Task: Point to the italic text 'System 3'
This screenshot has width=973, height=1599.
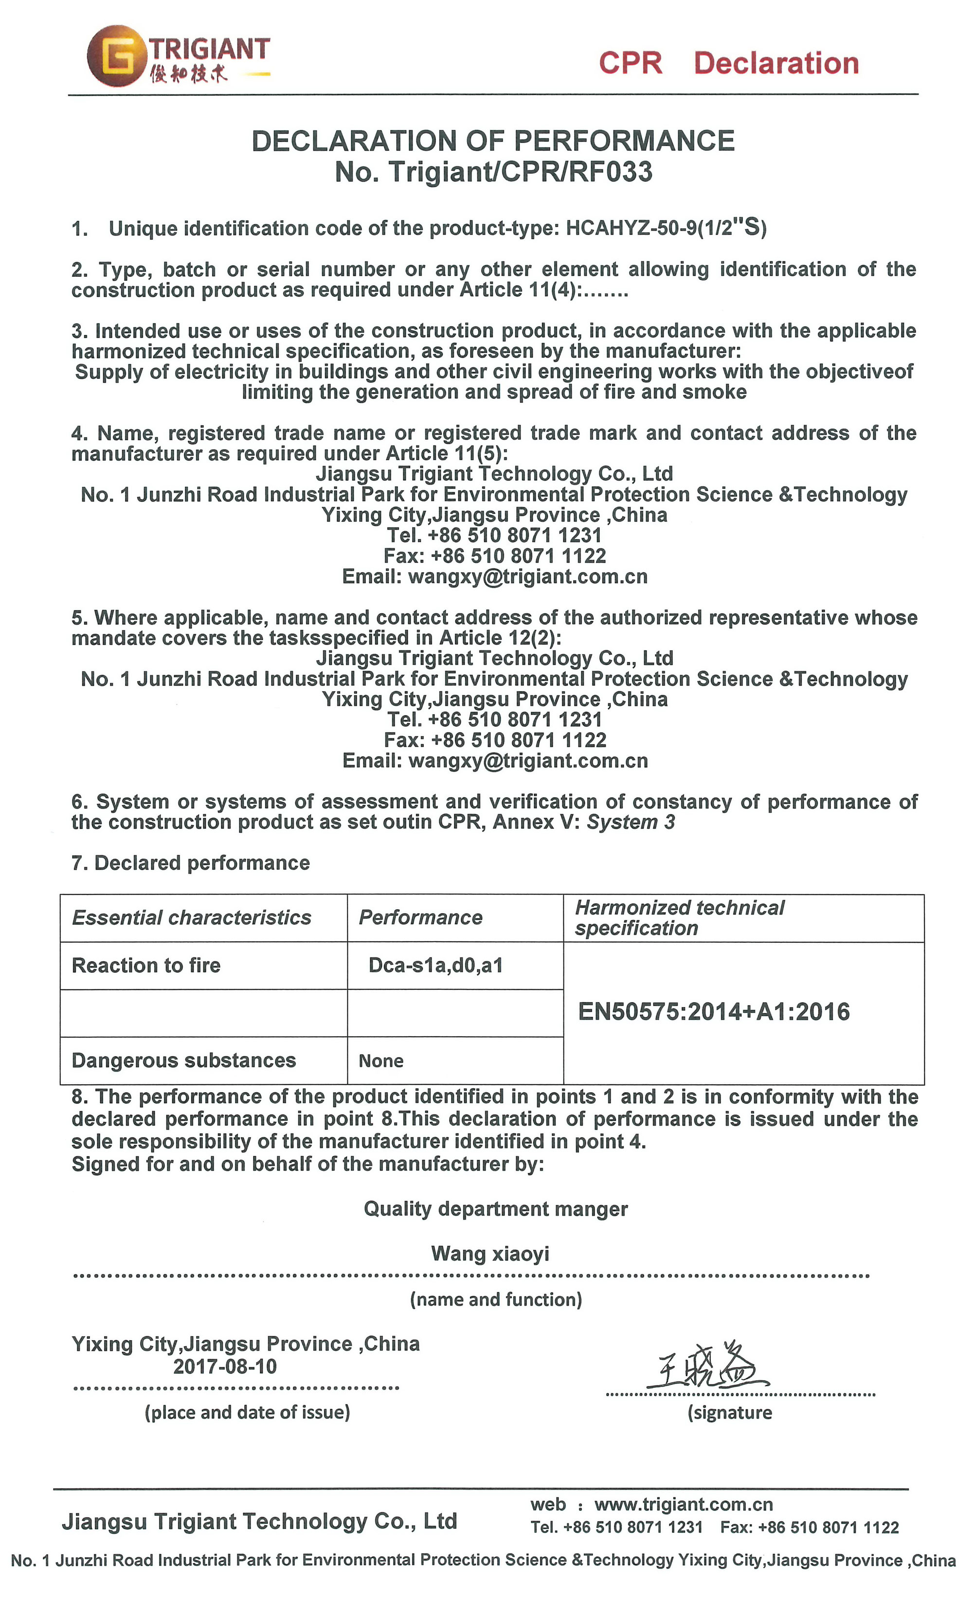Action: [631, 822]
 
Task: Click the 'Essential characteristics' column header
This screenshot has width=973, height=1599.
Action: [192, 917]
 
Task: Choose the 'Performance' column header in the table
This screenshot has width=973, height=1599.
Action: [421, 917]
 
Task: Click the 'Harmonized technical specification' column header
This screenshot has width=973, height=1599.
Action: [679, 917]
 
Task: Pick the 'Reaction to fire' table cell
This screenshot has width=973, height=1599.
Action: [146, 966]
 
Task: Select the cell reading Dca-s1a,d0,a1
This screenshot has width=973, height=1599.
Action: [435, 966]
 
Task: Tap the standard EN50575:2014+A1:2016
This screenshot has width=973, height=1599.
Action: [713, 1012]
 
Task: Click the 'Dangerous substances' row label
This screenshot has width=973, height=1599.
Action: [184, 1060]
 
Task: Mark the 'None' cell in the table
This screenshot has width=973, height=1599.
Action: [381, 1061]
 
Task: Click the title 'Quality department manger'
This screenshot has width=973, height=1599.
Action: [495, 1209]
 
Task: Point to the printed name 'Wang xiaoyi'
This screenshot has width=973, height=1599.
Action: [490, 1254]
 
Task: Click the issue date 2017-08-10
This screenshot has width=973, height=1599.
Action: [225, 1366]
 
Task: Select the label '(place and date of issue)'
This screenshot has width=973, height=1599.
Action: [247, 1413]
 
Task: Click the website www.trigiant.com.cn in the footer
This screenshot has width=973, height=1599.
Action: [684, 1504]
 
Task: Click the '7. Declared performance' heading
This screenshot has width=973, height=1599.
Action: [191, 863]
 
